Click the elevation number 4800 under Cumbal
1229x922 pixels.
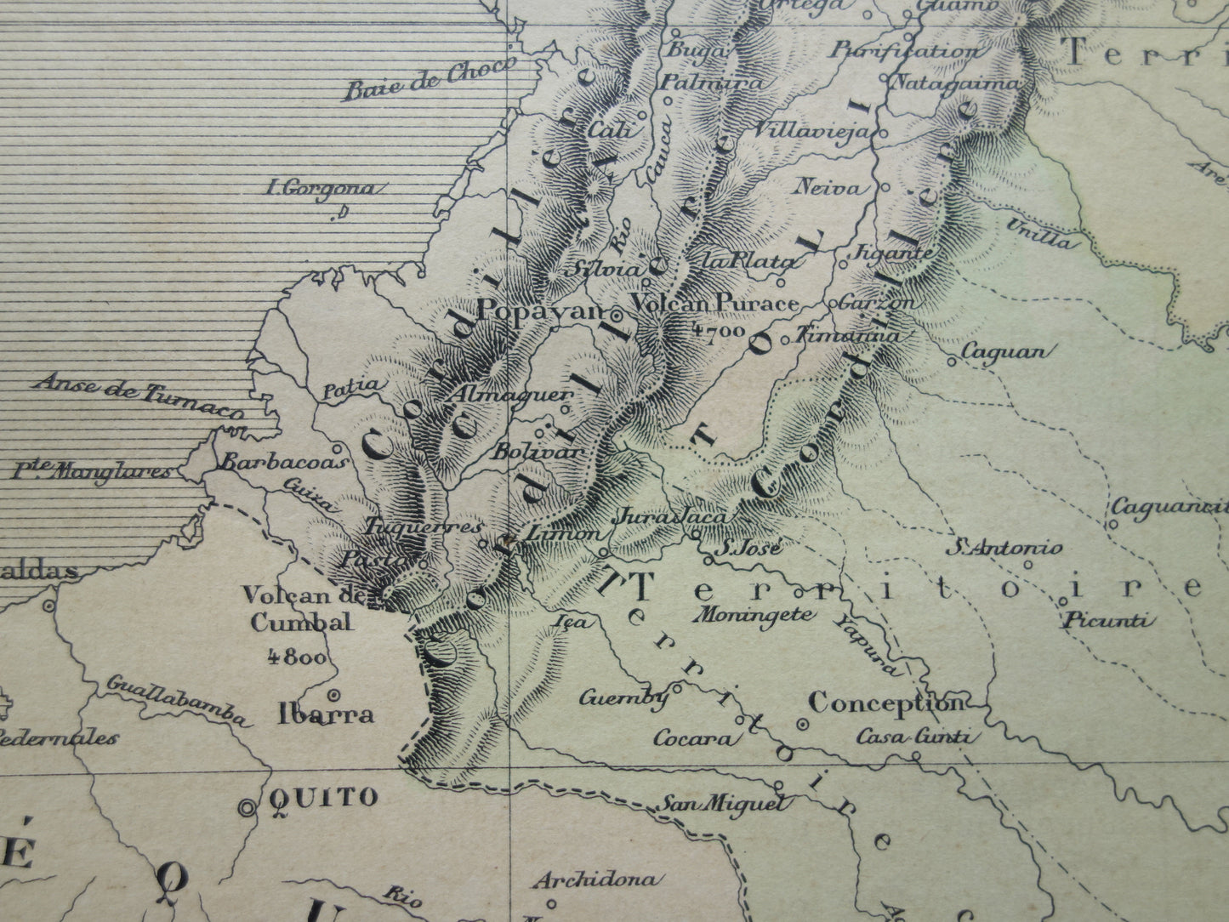coord(295,656)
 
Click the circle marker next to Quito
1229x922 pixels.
coord(248,807)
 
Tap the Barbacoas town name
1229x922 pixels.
coord(284,463)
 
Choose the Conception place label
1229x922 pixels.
coord(885,703)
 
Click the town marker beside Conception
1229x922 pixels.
coord(801,724)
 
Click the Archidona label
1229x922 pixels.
coord(596,879)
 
